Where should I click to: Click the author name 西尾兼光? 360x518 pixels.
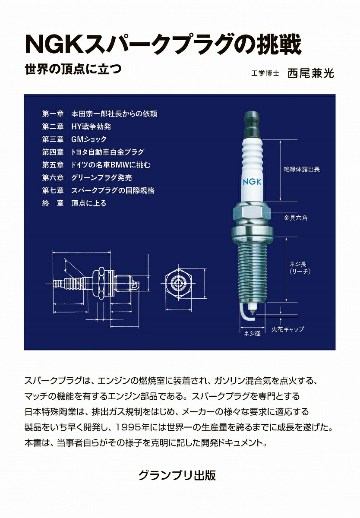(311, 73)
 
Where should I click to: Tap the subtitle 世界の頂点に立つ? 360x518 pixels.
(73, 69)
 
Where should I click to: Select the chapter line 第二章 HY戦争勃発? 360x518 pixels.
(76, 126)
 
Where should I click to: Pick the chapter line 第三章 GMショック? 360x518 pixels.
(74, 139)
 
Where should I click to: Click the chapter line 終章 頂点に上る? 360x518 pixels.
(74, 203)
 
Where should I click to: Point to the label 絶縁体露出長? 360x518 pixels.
(302, 169)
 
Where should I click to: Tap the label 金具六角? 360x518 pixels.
(296, 218)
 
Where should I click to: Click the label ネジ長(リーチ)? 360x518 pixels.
(300, 268)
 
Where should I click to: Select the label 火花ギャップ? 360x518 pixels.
(287, 329)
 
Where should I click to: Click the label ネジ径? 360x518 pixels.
(252, 333)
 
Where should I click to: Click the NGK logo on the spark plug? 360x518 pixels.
(252, 182)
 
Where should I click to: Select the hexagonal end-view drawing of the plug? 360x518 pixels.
(178, 284)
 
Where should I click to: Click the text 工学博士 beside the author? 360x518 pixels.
(265, 73)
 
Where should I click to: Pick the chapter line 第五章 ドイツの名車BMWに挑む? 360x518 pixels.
(96, 165)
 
